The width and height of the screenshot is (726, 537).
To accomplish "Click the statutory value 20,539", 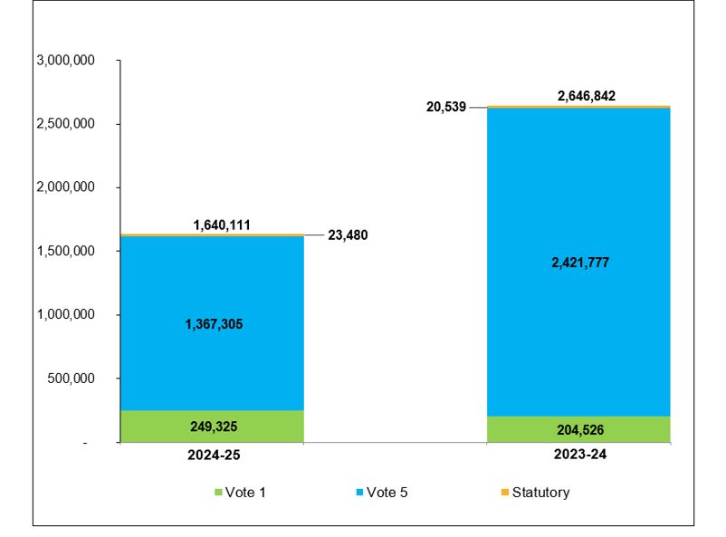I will (x=445, y=107).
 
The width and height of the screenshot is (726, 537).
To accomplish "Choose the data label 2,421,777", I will (x=578, y=263).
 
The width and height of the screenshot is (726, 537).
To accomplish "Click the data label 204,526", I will (x=578, y=429).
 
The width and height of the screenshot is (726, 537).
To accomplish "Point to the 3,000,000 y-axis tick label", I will (x=66, y=61).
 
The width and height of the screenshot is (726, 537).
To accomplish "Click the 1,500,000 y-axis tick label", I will (x=66, y=251).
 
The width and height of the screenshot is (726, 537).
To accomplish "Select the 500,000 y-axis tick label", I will (x=72, y=379).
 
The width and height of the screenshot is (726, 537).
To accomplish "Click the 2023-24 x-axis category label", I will (x=578, y=455).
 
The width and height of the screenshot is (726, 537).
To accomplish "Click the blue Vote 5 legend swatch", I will (x=359, y=493).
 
